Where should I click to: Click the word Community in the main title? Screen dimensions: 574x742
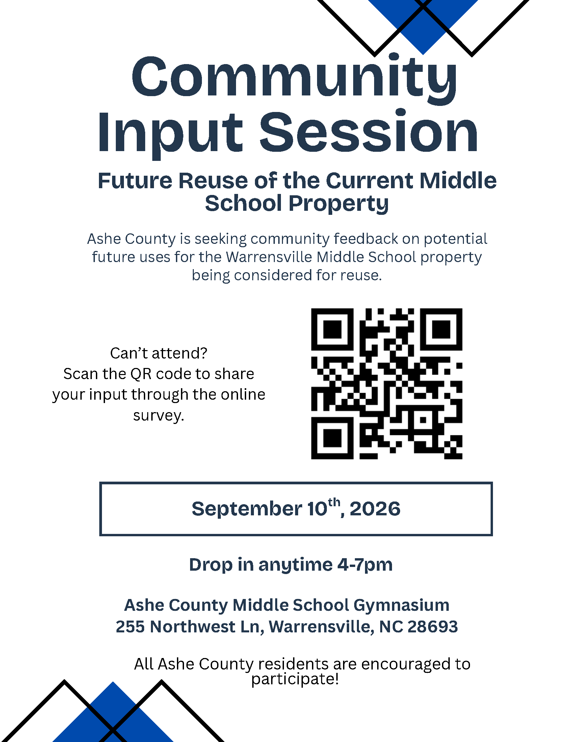click(x=294, y=79)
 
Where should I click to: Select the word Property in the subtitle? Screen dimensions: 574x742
click(x=338, y=204)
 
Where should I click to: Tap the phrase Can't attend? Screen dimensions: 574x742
click(x=158, y=353)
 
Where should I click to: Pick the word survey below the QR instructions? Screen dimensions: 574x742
click(x=158, y=416)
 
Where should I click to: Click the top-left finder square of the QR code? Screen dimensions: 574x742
click(x=332, y=330)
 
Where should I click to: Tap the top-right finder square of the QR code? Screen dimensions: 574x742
click(x=441, y=330)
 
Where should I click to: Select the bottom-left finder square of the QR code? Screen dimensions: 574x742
click(x=332, y=438)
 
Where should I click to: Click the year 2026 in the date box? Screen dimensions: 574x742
click(x=375, y=509)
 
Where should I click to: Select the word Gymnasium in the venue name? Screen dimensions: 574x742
click(x=401, y=605)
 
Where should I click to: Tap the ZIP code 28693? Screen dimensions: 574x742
click(x=433, y=627)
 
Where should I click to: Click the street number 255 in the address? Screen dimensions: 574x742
click(x=130, y=627)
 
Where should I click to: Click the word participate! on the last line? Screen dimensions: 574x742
click(x=295, y=679)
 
